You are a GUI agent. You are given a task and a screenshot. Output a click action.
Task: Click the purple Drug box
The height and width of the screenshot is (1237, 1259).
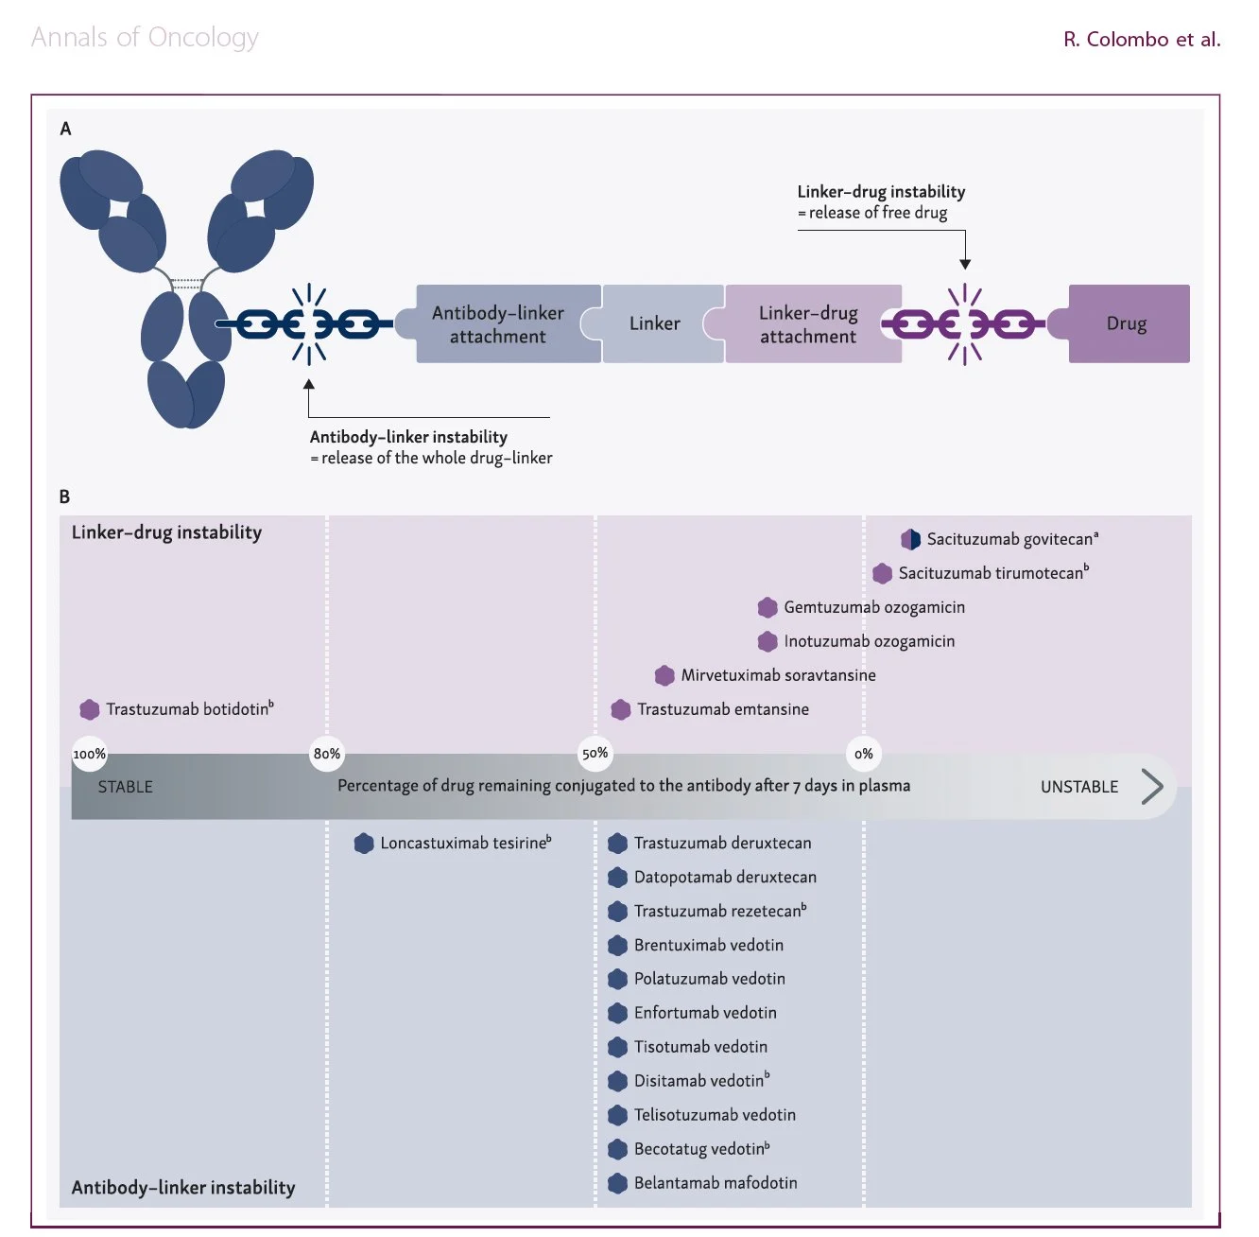[x=1128, y=323]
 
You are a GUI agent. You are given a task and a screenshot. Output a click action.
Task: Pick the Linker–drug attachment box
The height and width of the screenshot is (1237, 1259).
[x=807, y=323]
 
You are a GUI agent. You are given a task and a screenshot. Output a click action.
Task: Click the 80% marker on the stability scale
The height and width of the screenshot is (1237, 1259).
[x=327, y=754]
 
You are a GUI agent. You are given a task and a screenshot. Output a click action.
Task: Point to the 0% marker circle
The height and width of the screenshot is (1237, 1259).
[x=864, y=754]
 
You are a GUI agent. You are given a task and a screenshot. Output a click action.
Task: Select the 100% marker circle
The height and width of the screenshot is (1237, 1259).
[x=89, y=754]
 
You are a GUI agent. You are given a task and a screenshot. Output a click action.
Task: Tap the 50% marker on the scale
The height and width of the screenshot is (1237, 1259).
[x=595, y=754]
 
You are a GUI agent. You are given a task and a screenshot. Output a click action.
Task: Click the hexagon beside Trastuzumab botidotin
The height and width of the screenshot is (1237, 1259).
[x=90, y=709]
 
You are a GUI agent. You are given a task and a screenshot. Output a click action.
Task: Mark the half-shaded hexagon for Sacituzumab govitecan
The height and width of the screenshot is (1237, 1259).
[x=910, y=539]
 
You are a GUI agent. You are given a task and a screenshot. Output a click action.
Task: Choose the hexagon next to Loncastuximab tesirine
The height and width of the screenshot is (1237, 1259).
[x=364, y=844]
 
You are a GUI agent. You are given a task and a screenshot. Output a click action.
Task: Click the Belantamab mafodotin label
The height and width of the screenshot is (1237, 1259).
[x=716, y=1183]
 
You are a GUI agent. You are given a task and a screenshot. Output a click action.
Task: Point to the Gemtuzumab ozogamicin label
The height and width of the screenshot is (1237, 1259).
[x=874, y=607]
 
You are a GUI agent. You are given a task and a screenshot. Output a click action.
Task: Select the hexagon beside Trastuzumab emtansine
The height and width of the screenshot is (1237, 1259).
[x=621, y=709]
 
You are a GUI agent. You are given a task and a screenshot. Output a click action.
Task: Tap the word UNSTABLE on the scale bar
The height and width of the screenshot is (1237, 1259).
[x=1079, y=787]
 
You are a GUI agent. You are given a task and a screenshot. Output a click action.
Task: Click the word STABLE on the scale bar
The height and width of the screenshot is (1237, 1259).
[x=125, y=787]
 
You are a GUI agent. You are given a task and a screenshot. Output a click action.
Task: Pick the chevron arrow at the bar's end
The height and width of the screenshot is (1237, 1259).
[x=1153, y=787]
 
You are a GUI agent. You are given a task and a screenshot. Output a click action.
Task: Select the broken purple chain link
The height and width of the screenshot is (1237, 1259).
[x=964, y=323]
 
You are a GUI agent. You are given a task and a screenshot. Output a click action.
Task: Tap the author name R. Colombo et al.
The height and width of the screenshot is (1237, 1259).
[x=1142, y=39]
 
